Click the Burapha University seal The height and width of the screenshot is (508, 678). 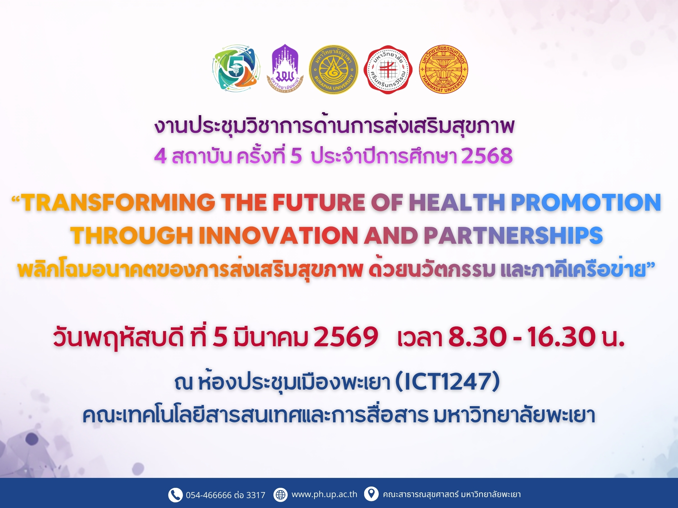[333, 69]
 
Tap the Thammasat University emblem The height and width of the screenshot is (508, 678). [443, 69]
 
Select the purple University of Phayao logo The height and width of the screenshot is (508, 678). [285, 68]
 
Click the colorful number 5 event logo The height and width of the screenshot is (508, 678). [236, 69]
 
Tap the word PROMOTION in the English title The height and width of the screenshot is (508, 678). [586, 202]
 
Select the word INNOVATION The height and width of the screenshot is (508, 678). [278, 235]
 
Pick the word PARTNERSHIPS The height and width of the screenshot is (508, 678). [513, 235]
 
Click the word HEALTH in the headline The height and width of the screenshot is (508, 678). [457, 202]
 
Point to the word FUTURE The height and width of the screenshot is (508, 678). [318, 202]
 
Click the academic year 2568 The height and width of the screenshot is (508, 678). [487, 156]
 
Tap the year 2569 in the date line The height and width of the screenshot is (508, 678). [346, 337]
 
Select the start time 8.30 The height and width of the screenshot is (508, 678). [477, 337]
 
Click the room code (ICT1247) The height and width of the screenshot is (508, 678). [448, 382]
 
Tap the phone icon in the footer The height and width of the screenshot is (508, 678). [175, 495]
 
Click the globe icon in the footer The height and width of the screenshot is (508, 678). [280, 495]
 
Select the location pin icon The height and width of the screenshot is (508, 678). [371, 494]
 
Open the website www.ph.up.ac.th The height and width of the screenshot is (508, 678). [324, 494]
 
